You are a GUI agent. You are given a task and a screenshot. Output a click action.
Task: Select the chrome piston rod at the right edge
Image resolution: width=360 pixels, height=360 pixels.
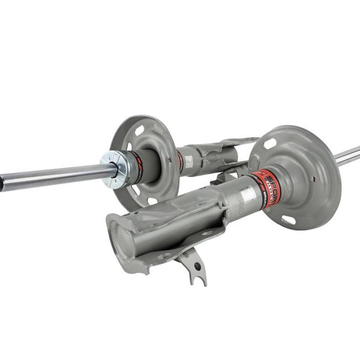[x=347, y=156]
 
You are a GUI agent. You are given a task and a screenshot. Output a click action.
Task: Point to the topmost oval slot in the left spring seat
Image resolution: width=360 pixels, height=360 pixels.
[x=139, y=130]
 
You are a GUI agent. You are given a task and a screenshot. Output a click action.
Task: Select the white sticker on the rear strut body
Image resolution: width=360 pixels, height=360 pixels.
[x=188, y=161]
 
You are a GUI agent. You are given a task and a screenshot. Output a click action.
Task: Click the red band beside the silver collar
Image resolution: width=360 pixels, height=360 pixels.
[x=137, y=167]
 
